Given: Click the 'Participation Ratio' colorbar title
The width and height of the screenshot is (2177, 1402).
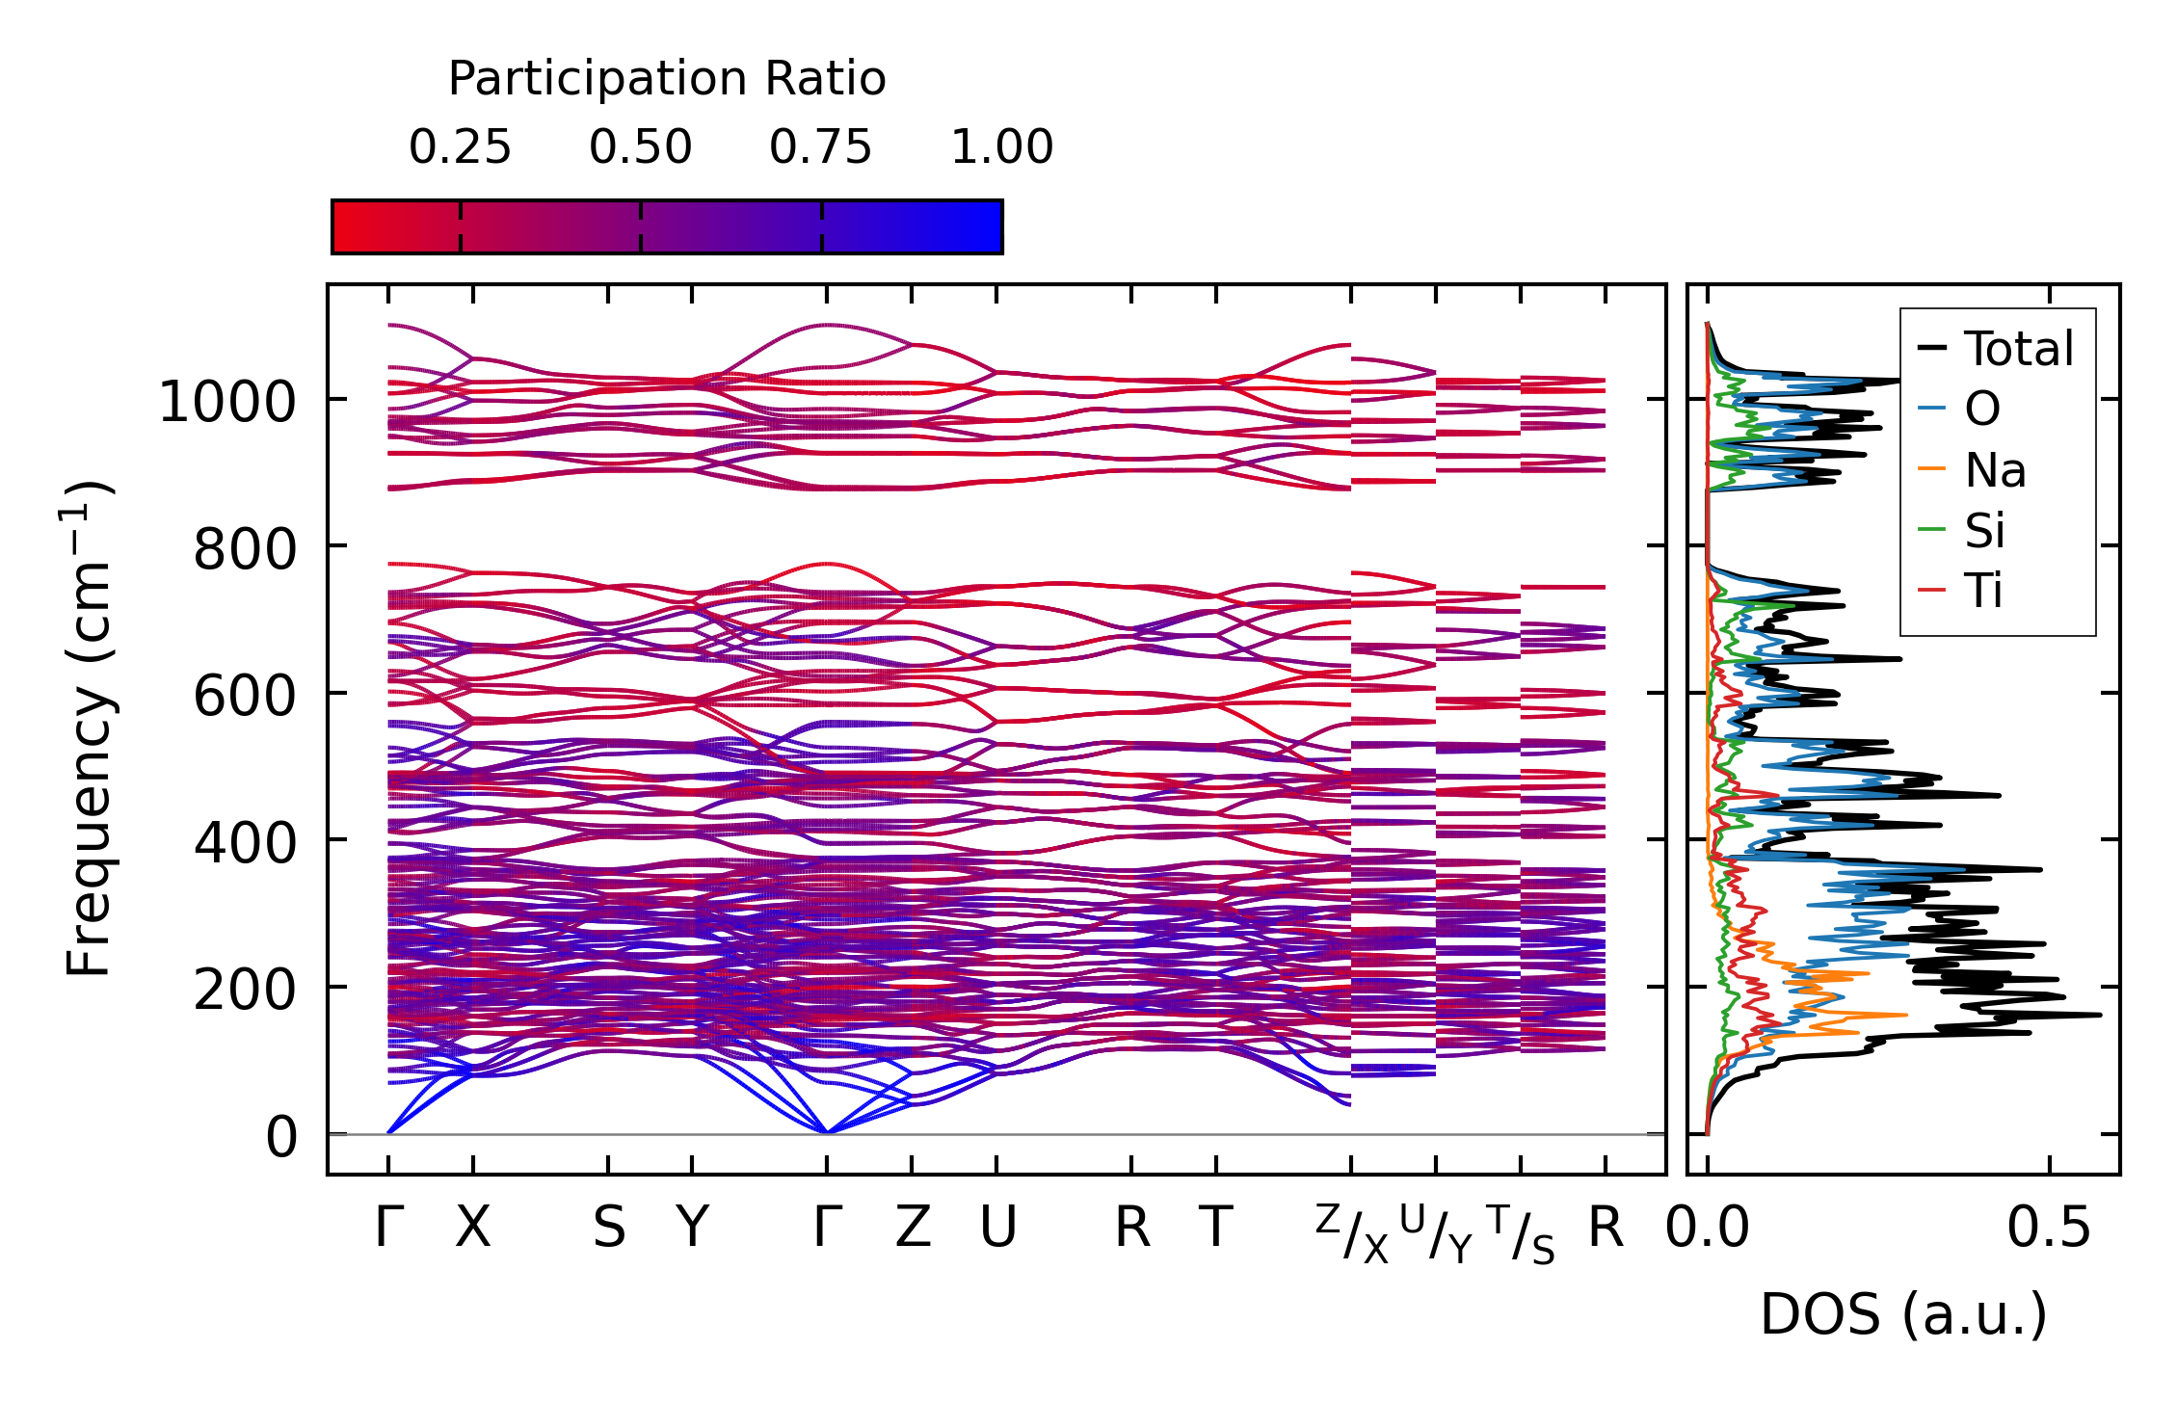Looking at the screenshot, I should point(667,79).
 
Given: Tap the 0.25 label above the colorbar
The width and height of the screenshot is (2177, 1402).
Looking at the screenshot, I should point(460,147).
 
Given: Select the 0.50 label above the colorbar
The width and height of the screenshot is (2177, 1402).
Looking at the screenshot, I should point(641,147).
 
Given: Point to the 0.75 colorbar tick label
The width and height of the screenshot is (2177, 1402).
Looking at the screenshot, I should point(820,147).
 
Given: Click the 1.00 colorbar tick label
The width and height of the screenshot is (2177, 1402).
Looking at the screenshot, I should point(1002,147).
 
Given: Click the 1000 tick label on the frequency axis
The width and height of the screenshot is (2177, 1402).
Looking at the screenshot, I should point(227,401).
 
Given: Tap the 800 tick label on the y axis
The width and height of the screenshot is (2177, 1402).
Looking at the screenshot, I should point(245,549).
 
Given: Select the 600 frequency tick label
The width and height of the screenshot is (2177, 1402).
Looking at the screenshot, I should point(245,696).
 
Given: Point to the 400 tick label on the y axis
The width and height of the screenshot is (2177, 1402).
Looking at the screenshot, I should point(245,843).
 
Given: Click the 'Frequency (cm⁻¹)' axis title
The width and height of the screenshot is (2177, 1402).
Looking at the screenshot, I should point(89,728).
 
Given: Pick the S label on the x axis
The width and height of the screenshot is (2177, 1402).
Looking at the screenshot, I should point(609,1229).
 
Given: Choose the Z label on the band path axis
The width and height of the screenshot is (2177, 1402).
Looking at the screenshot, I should point(913,1229).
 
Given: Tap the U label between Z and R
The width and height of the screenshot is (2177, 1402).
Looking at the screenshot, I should point(997,1229).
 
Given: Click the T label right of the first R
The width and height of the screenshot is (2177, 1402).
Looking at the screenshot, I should point(1216,1229).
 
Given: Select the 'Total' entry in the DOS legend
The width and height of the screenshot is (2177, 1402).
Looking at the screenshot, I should point(2019,349).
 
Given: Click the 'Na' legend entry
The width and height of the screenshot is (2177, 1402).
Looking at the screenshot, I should point(1995,470).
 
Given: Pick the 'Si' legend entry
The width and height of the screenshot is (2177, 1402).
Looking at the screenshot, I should point(1984,530).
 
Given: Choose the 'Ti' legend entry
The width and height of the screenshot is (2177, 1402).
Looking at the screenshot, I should point(1984,591).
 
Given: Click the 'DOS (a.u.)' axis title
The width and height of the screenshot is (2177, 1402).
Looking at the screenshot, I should point(1903,1314).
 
